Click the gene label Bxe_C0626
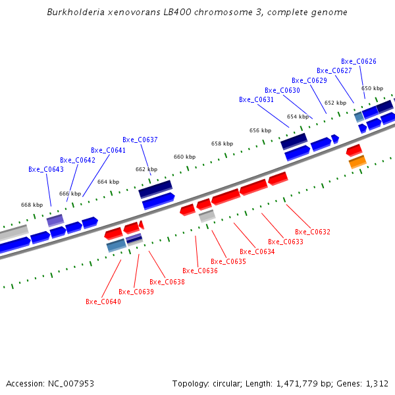(x=359, y=61)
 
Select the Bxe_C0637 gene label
(x=140, y=140)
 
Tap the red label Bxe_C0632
(x=313, y=232)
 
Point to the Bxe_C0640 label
(x=103, y=302)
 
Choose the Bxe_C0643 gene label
(x=46, y=169)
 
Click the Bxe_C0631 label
(x=256, y=99)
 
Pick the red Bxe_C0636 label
(x=200, y=271)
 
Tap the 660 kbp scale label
(x=184, y=157)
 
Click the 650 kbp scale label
(x=372, y=88)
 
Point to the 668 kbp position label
(x=32, y=205)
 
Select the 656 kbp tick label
(x=260, y=130)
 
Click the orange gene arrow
(x=357, y=161)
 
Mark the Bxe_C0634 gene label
(x=257, y=251)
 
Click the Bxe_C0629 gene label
(x=309, y=80)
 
